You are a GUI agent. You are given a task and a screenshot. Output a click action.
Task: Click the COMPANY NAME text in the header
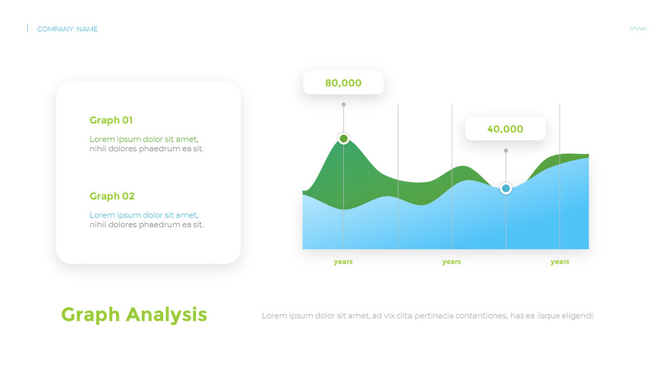pyautogui.click(x=67, y=29)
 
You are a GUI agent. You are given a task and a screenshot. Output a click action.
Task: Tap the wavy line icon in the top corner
pyautogui.click(x=637, y=29)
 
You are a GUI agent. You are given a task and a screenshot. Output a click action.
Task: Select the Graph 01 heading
pyautogui.click(x=111, y=120)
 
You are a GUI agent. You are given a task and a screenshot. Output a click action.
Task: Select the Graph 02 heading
pyautogui.click(x=112, y=196)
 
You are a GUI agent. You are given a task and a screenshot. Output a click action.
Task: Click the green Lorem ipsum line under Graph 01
pyautogui.click(x=144, y=139)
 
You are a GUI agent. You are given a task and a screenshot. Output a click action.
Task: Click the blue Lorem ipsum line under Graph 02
pyautogui.click(x=144, y=215)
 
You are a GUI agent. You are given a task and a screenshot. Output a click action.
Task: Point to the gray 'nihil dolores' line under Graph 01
pyautogui.click(x=146, y=148)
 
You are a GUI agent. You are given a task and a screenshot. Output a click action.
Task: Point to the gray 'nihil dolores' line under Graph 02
pyautogui.click(x=146, y=224)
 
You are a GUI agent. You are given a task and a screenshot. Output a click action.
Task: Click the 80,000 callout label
pyautogui.click(x=343, y=83)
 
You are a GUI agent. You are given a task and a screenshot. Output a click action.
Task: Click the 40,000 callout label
pyautogui.click(x=505, y=129)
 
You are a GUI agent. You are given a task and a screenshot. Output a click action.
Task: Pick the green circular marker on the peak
pyautogui.click(x=343, y=138)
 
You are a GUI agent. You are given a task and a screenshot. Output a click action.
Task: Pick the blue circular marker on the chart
pyautogui.click(x=505, y=188)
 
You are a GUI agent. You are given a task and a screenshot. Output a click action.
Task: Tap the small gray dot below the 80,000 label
pyautogui.click(x=343, y=104)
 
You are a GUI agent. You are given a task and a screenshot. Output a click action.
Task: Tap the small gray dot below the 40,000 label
pyautogui.click(x=505, y=151)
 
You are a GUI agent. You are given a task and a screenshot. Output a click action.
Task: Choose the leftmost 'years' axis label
pyautogui.click(x=343, y=262)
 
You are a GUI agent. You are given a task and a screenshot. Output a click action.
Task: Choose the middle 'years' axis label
pyautogui.click(x=452, y=262)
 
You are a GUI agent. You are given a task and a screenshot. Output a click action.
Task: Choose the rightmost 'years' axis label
pyautogui.click(x=559, y=262)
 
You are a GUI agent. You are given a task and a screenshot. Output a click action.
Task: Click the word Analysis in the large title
pyautogui.click(x=166, y=315)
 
